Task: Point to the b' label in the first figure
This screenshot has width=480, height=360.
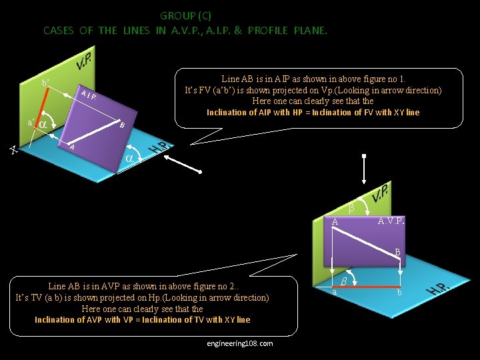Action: [45, 83]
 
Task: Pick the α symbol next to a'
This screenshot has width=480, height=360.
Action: [42, 125]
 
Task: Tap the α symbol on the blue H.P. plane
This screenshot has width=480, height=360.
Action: [130, 158]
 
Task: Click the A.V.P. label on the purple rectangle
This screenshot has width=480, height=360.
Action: [389, 221]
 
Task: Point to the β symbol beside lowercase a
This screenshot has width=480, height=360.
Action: [344, 281]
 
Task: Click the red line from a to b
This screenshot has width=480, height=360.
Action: [370, 287]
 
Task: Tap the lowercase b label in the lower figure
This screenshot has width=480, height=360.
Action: [399, 293]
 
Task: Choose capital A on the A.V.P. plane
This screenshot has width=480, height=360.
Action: [336, 222]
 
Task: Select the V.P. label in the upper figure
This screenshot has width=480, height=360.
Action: [83, 63]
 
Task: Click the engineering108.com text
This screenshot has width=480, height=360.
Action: [240, 343]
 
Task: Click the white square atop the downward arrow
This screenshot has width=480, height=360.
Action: [364, 157]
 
